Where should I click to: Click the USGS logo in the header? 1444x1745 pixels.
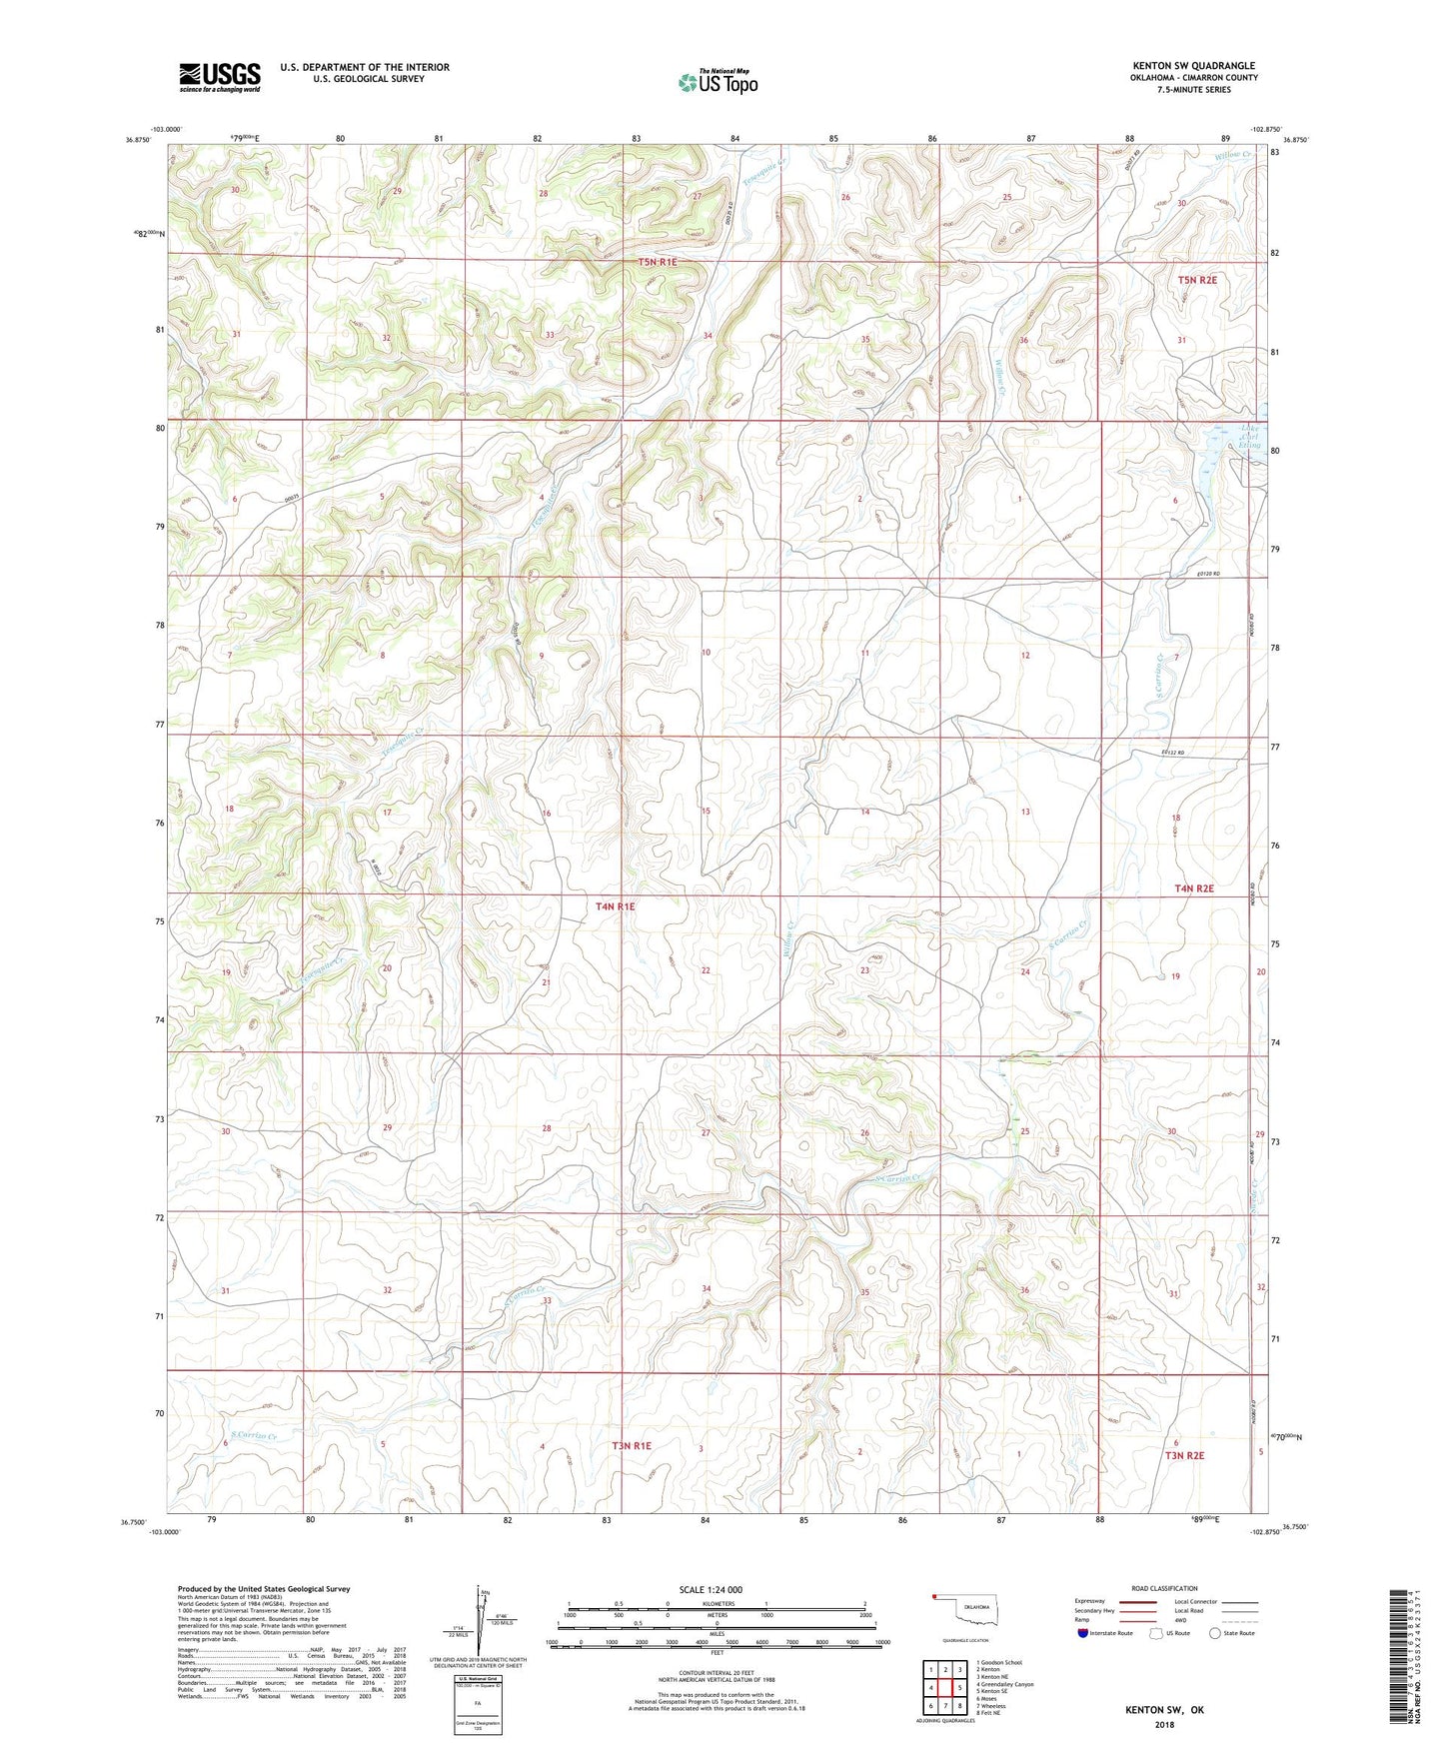(x=220, y=77)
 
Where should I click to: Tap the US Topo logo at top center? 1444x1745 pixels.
(x=719, y=81)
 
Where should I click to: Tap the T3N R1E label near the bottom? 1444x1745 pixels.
(x=632, y=1445)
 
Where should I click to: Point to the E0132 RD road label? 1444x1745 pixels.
(x=1172, y=753)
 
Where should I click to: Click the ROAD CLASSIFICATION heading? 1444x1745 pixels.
(x=1164, y=1588)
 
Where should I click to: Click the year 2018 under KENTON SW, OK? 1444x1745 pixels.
(x=1164, y=1724)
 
